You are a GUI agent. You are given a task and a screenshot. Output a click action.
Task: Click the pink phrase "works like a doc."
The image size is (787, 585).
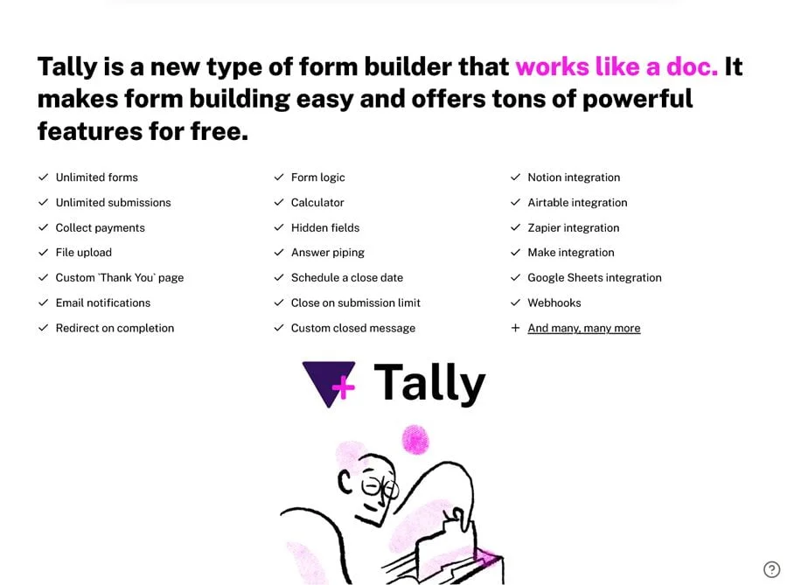click(x=616, y=66)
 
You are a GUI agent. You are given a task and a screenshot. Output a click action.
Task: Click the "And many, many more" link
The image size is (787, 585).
click(x=584, y=328)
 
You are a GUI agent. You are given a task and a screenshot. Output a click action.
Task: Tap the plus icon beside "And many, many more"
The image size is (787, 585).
click(x=515, y=328)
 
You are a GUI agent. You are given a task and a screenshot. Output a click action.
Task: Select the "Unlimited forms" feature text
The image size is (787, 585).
click(x=97, y=178)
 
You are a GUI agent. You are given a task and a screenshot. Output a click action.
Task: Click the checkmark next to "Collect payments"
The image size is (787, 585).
click(x=43, y=227)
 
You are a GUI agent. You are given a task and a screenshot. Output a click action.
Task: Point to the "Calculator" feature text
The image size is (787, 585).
click(x=317, y=202)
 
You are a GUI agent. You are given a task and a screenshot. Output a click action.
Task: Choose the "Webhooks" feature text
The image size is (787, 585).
click(x=554, y=303)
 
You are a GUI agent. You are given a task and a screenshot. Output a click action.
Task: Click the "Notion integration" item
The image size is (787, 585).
click(x=574, y=178)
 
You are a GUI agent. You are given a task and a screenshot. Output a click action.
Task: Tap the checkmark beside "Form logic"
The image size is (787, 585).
click(x=279, y=178)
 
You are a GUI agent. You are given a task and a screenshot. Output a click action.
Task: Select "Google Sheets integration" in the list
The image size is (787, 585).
click(x=595, y=277)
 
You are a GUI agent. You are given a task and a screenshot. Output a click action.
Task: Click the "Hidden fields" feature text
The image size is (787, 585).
click(x=325, y=227)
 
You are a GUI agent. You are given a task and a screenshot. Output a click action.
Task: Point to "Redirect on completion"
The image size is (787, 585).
click(x=115, y=328)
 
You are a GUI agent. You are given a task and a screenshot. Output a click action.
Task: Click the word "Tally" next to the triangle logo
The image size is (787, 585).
click(x=429, y=383)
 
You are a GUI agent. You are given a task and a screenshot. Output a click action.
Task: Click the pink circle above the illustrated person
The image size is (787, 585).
click(x=415, y=440)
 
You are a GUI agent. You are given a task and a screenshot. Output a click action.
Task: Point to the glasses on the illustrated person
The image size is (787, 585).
click(x=380, y=487)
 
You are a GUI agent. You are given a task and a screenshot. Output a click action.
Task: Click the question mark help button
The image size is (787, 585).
click(x=771, y=569)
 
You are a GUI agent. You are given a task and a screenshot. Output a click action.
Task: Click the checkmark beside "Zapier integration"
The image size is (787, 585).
click(x=515, y=227)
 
